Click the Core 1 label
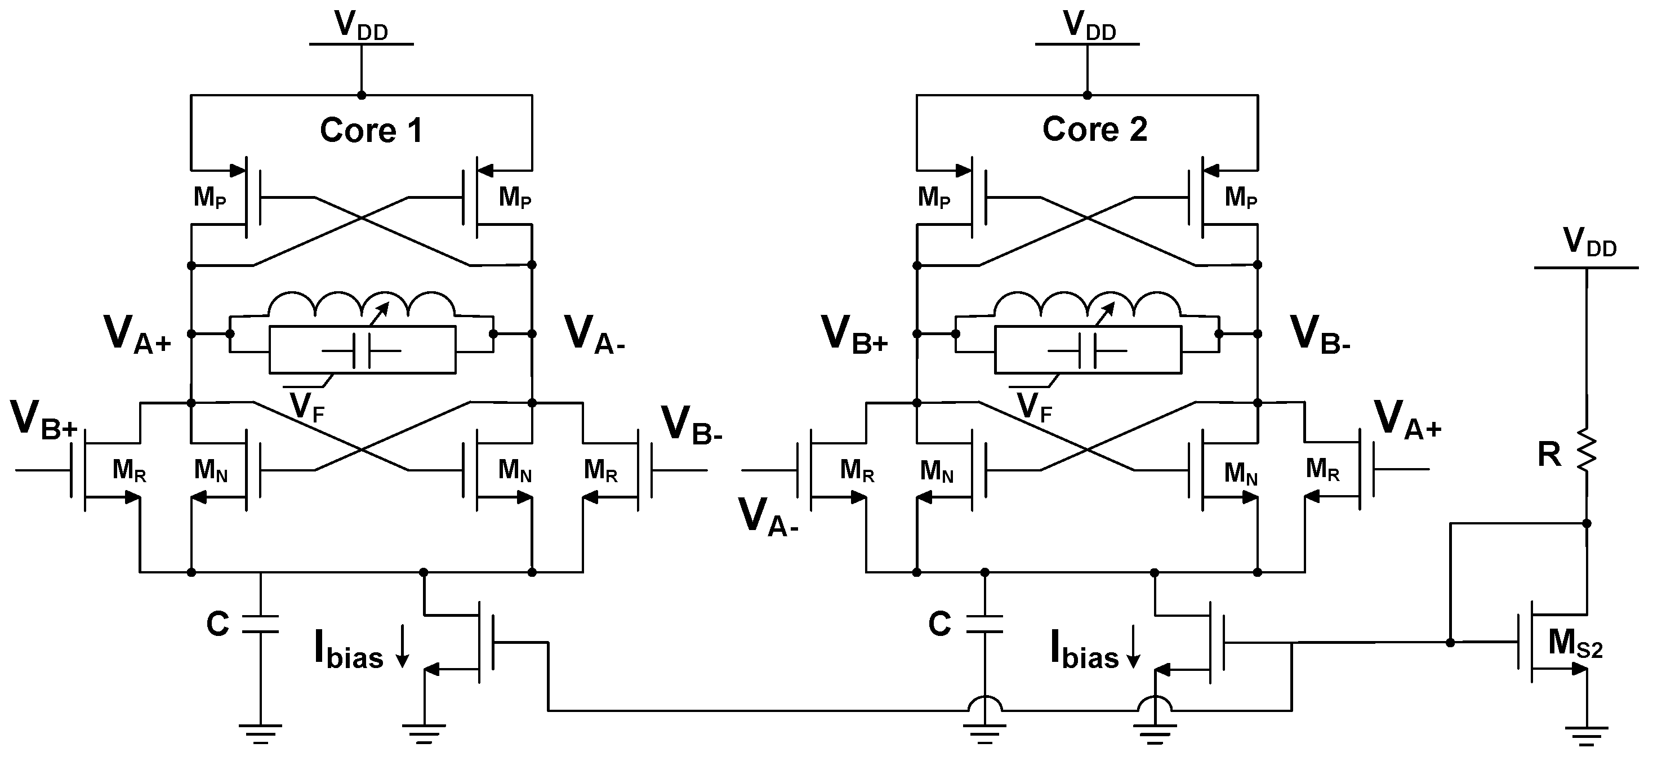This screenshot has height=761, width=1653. tap(371, 130)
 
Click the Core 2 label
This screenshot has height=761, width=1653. tap(1095, 129)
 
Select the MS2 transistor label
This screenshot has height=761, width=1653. tap(1575, 644)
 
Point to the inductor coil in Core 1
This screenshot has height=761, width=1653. tap(361, 305)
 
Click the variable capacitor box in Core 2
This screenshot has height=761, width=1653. tap(1088, 350)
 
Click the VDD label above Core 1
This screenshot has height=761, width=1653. tap(360, 26)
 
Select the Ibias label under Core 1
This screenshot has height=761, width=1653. tap(349, 650)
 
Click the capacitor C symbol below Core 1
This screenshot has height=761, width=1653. tap(261, 624)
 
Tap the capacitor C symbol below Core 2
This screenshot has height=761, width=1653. tap(984, 624)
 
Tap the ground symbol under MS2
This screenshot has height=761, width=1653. tap(1587, 735)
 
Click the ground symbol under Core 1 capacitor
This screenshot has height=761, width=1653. tap(261, 733)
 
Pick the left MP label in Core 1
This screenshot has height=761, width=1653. tap(210, 198)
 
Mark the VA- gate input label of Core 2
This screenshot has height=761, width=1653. tap(768, 517)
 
